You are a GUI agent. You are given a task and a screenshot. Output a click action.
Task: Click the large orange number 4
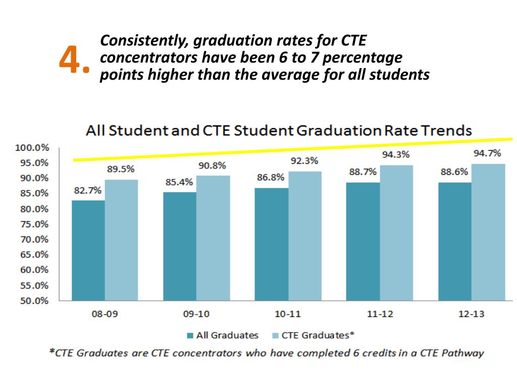click(x=71, y=60)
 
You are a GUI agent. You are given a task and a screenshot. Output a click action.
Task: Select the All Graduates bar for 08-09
click(x=88, y=250)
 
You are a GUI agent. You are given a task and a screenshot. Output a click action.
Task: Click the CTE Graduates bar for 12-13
click(x=488, y=232)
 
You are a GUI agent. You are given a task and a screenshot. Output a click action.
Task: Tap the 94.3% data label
click(x=395, y=155)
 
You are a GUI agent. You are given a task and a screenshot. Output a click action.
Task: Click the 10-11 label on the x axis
click(x=288, y=314)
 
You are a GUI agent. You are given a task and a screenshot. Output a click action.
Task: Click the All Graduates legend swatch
click(x=190, y=336)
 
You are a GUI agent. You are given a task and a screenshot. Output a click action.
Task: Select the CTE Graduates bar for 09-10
click(x=213, y=238)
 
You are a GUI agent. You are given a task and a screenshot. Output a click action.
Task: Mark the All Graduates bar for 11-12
click(x=363, y=241)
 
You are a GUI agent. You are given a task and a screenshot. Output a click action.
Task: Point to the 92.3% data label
click(x=304, y=161)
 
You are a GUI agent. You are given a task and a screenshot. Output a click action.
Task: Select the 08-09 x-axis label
click(x=105, y=314)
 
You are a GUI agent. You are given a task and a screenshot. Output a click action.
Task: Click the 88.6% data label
click(x=454, y=172)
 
